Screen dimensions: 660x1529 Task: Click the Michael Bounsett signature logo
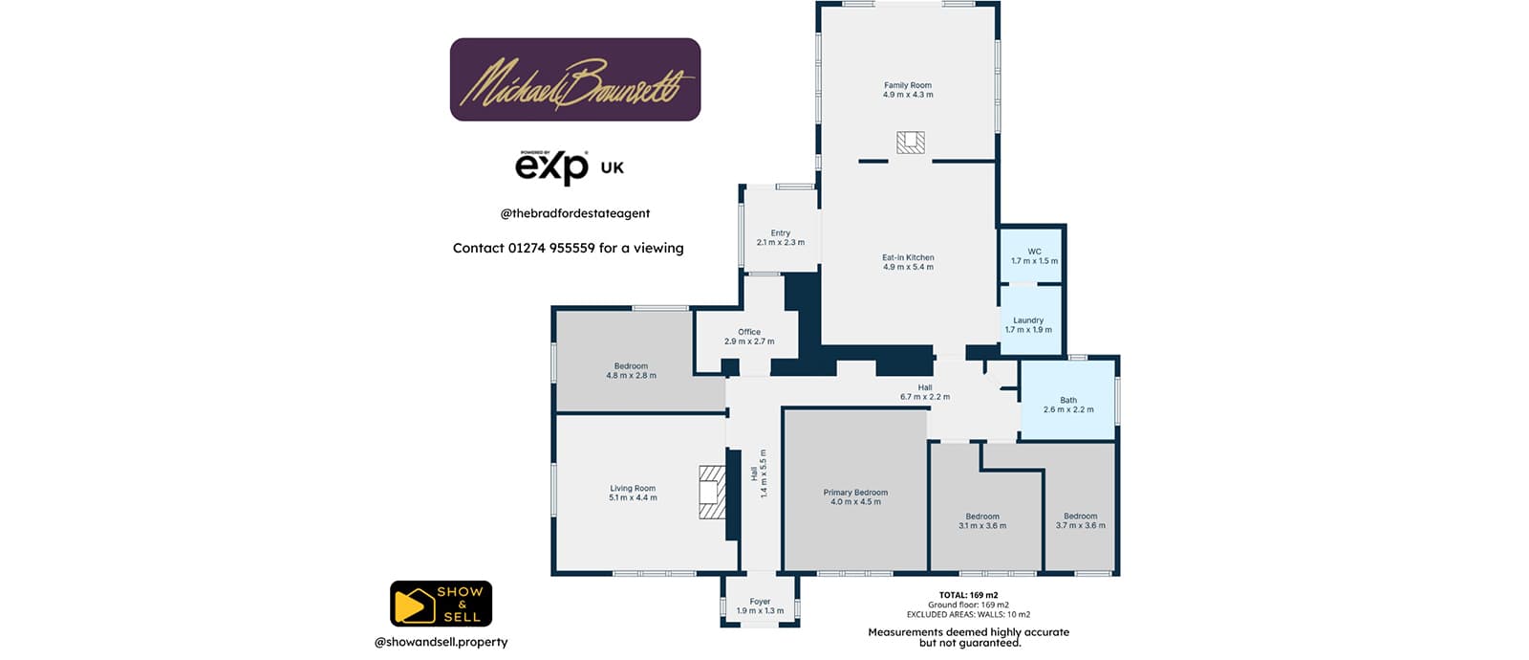574,80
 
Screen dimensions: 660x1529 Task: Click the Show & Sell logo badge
441,604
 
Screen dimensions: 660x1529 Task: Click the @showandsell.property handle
441,642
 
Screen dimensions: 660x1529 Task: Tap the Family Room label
908,90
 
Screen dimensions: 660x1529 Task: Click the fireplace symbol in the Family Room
911,143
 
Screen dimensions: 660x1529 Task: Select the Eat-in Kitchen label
908,262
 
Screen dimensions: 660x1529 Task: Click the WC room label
1034,256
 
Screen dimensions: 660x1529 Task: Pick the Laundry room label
1028,325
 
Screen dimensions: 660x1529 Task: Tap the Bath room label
1068,405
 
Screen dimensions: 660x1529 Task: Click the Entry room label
781,237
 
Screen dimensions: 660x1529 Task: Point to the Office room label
749,337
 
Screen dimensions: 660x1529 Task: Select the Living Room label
633,493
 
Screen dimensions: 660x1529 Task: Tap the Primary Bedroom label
855,496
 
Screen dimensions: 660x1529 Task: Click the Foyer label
760,606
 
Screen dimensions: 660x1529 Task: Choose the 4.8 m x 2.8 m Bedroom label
631,370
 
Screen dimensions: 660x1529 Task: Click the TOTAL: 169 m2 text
968,595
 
